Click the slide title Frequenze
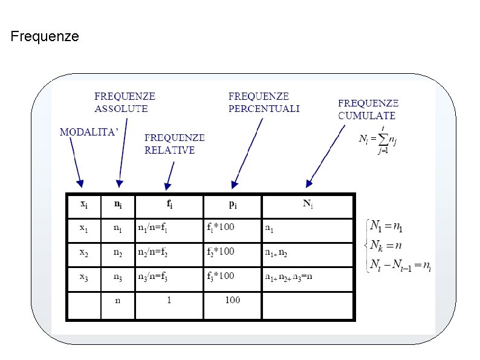[x=45, y=37]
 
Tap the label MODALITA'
[x=88, y=133]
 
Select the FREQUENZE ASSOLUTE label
[x=125, y=103]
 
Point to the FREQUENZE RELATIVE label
[x=174, y=144]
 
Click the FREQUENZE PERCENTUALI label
[x=264, y=102]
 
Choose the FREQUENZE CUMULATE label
[x=368, y=109]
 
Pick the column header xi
[x=84, y=205]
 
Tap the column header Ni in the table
[x=308, y=205]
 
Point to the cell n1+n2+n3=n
[x=293, y=276]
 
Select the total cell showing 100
[x=233, y=299]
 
